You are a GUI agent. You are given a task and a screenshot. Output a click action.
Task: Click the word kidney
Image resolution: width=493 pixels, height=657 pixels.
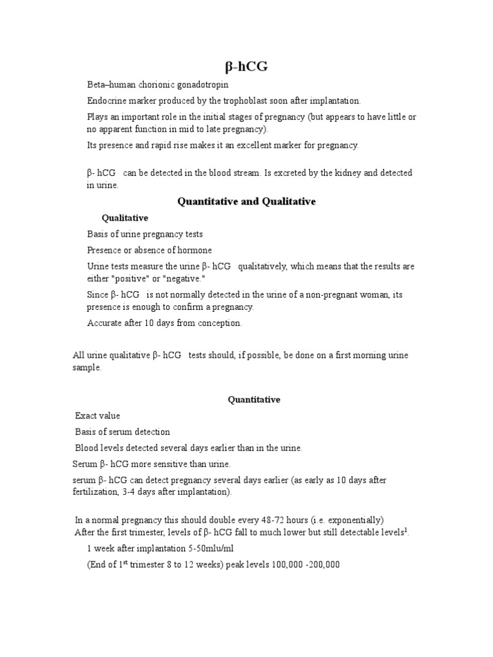(x=347, y=173)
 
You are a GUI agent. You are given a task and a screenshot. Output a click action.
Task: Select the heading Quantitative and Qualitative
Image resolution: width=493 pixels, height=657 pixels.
(x=246, y=201)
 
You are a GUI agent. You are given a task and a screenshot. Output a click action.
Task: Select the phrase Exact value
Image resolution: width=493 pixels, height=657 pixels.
(x=98, y=416)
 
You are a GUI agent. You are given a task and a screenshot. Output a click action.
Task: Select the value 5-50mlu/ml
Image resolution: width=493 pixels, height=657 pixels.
(x=211, y=549)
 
